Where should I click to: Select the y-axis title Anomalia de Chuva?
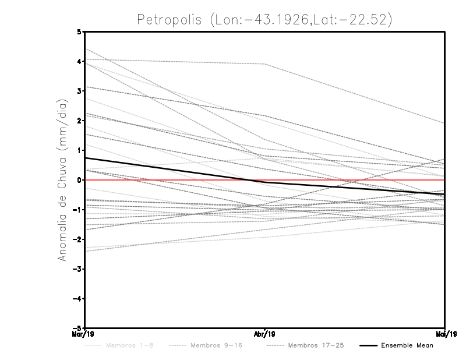[x=62, y=180]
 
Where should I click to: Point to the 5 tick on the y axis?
[x=79, y=31]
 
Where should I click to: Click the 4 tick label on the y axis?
[x=79, y=61]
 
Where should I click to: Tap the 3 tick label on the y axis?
[x=79, y=91]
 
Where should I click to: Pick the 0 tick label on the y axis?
[x=79, y=180]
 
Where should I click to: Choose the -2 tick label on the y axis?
[x=77, y=239]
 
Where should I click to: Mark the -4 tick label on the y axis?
[x=77, y=298]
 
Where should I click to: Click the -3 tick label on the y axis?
[x=77, y=269]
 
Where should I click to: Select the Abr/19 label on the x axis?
[x=265, y=334]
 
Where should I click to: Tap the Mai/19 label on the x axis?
[x=444, y=334]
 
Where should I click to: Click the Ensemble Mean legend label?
[x=407, y=345]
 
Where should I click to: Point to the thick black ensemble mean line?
[x=175, y=170]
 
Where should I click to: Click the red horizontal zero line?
[x=349, y=180]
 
